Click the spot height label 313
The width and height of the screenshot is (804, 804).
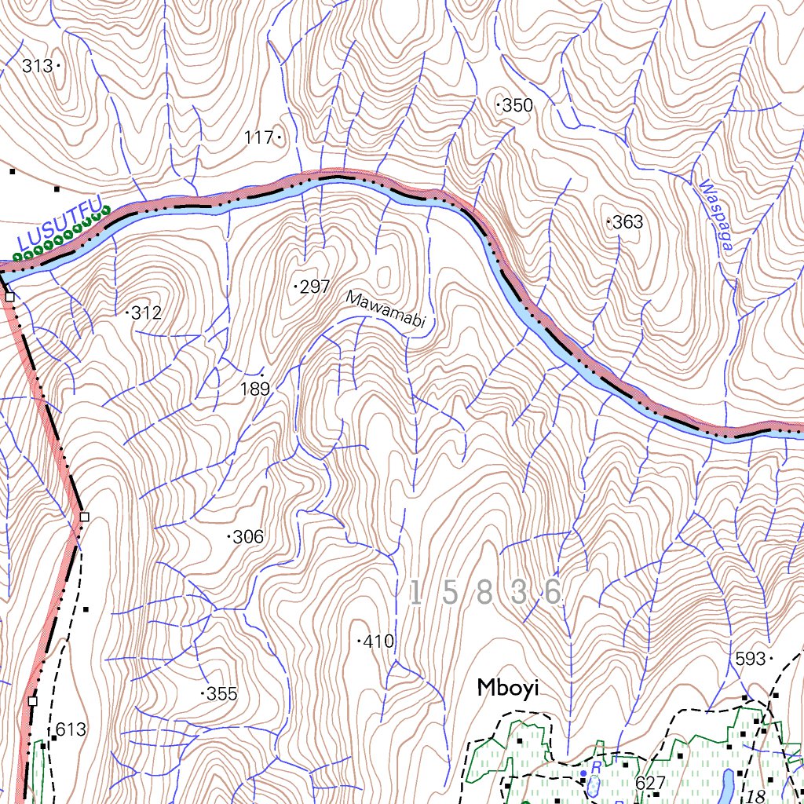(x=38, y=67)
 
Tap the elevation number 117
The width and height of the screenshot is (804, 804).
(x=258, y=138)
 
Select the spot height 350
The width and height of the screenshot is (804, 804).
(x=517, y=106)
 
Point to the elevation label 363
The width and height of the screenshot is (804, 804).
(x=628, y=223)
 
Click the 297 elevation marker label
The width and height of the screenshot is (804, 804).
(x=315, y=287)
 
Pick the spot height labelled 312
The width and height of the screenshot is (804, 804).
(x=146, y=314)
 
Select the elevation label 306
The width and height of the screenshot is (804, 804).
(x=248, y=538)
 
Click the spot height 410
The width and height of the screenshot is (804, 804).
(x=378, y=642)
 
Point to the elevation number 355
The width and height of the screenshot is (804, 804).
(x=221, y=694)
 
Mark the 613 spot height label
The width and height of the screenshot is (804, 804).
(x=71, y=730)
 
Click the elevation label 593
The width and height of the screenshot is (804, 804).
(x=750, y=658)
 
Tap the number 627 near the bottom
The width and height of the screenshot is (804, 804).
(x=651, y=783)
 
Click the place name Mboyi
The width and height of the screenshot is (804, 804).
(x=508, y=689)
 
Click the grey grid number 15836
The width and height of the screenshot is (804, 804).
(x=486, y=594)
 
